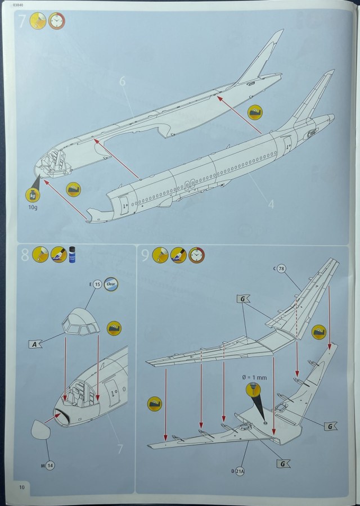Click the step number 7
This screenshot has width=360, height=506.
click(22, 22)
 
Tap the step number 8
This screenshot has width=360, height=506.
click(25, 255)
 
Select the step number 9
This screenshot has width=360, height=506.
click(145, 256)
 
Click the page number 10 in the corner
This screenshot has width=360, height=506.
click(22, 486)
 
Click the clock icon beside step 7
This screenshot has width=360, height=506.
click(57, 22)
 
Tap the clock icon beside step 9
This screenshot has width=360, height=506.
click(197, 255)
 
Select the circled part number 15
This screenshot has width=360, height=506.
click(97, 284)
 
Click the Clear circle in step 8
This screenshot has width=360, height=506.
click(111, 284)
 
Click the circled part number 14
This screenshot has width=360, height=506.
click(51, 466)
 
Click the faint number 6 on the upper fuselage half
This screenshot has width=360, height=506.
click(122, 82)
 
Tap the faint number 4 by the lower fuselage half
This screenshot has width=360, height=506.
click(271, 204)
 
